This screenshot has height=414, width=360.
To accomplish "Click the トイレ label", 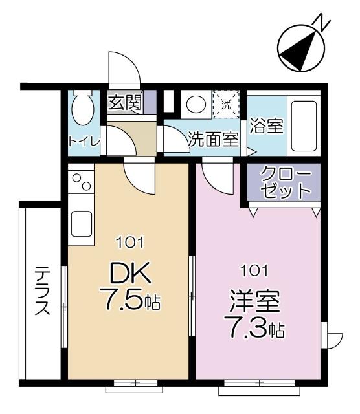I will click(84, 142).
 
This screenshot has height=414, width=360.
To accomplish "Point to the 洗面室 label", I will click(213, 138).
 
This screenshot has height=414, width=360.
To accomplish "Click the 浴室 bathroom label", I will click(267, 125).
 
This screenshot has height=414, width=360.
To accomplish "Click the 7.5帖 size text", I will click(129, 302).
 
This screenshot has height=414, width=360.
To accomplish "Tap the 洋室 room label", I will click(254, 302).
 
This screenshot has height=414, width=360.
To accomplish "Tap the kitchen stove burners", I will click(82, 184).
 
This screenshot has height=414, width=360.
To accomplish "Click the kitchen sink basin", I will click(82, 223).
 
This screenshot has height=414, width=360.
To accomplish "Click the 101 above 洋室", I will click(254, 269).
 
